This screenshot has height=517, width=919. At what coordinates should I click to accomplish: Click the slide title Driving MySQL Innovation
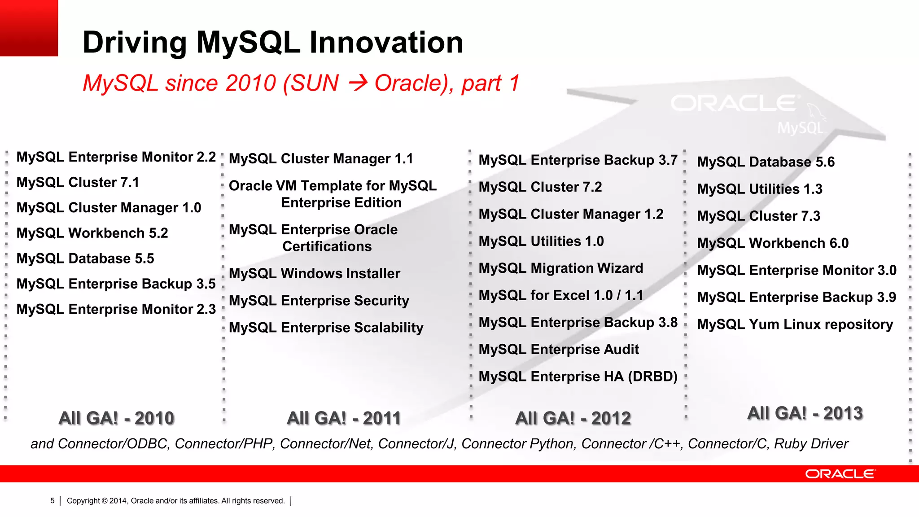point(273,43)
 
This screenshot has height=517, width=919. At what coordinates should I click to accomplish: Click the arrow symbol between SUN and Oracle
point(358,83)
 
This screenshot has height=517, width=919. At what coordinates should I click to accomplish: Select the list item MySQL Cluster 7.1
point(78,183)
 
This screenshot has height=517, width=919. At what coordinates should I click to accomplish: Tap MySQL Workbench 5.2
point(92,233)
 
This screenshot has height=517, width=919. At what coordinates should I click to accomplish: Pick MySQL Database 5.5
point(85,258)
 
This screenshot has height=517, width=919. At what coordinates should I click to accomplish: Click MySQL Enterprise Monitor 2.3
point(116,309)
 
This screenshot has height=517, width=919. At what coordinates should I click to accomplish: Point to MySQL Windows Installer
point(314,274)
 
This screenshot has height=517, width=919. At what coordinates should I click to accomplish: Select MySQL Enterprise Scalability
point(326,328)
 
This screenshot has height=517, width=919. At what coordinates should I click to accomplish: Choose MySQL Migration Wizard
point(560,268)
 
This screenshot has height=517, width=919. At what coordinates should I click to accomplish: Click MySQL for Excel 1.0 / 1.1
point(560,295)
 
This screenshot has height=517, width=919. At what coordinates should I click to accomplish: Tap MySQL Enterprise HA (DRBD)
point(578,377)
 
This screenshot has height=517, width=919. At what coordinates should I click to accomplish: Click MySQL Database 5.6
point(766,162)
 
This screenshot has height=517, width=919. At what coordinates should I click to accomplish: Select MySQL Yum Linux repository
point(795,324)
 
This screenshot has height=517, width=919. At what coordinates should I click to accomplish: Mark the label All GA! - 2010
point(116,418)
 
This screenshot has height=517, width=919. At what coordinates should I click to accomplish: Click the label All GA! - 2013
point(805,413)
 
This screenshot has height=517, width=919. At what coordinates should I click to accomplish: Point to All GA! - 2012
point(573,418)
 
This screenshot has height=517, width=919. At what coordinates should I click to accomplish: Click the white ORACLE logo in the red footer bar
point(840,474)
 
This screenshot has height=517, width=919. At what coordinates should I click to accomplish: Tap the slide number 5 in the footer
point(53,501)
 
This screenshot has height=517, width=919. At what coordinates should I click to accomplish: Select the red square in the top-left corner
point(29,28)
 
